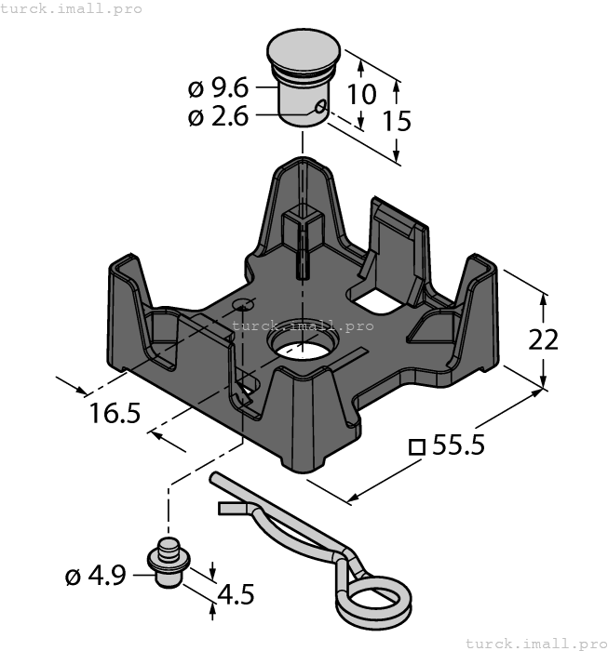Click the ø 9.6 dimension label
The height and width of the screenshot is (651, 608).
(218, 89)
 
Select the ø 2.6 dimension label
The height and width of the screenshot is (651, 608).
(218, 118)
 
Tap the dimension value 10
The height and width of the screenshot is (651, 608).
(363, 94)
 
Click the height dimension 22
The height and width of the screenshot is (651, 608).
(543, 339)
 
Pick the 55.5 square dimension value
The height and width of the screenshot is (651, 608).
(458, 446)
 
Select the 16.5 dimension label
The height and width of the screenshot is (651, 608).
(115, 412)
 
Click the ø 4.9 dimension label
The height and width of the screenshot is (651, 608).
(95, 578)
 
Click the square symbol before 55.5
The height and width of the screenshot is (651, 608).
(417, 447)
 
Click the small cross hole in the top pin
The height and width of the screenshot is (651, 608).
(320, 108)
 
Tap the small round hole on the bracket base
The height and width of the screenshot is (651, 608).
(244, 304)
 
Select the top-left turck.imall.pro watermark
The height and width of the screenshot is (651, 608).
(73, 8)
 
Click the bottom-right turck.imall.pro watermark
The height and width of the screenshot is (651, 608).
(534, 643)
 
